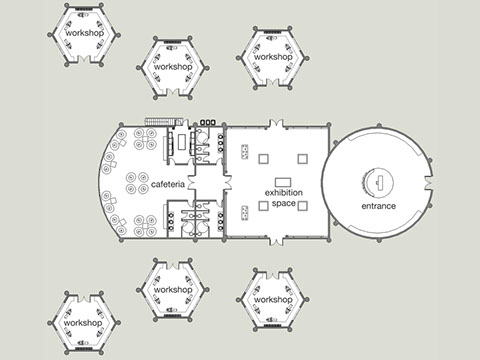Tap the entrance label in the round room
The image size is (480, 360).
378,206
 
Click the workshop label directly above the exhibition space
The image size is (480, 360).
273,57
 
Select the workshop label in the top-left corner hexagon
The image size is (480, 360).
85,32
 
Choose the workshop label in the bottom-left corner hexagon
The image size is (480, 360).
82,323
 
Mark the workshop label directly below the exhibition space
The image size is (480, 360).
271,299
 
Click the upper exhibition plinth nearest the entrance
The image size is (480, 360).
303,159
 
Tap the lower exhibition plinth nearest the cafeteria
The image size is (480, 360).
262,205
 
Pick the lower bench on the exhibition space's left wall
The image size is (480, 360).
246,210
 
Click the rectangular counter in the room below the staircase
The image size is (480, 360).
181,141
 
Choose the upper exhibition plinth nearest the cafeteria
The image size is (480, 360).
262,159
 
